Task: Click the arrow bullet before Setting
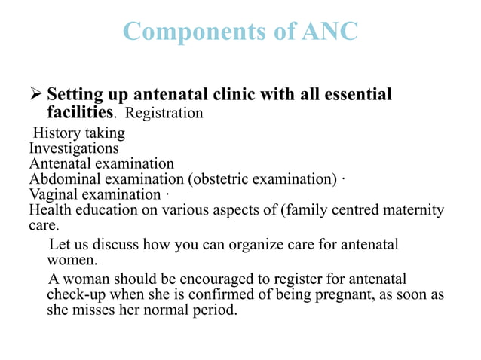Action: [x=37, y=96]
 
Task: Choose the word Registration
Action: [x=164, y=114]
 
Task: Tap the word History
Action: [x=55, y=133]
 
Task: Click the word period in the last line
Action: [x=216, y=309]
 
